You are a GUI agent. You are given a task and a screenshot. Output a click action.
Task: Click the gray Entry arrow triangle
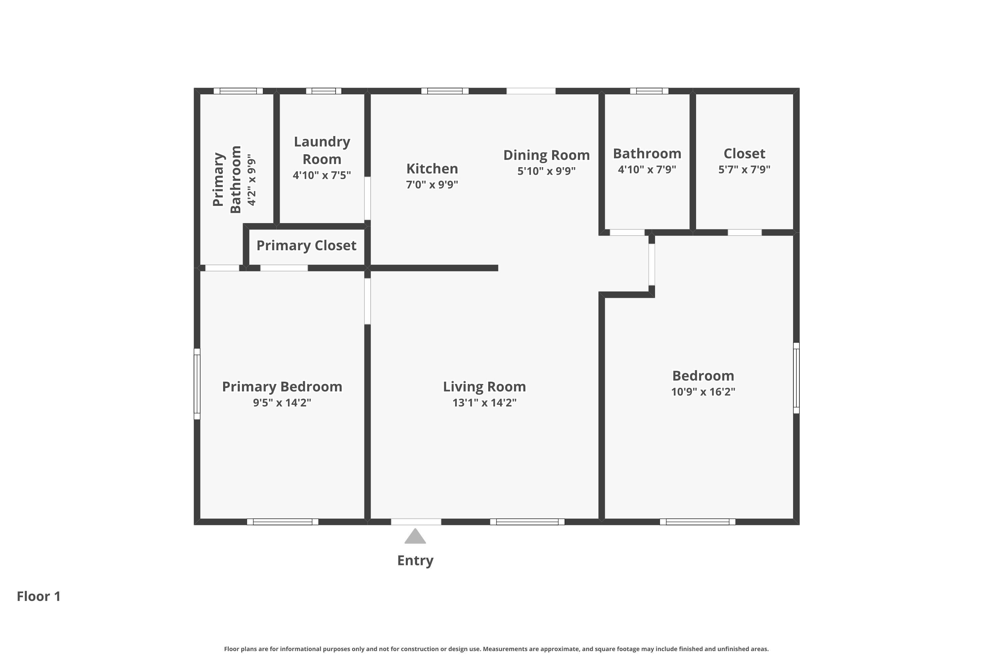(415, 536)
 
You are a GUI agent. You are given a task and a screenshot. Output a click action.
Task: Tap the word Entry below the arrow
(415, 561)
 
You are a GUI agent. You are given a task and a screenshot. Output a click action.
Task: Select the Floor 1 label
(39, 596)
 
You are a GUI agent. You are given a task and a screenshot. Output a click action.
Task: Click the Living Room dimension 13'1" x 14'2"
(484, 403)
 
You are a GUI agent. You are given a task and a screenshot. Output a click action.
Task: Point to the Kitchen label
(432, 169)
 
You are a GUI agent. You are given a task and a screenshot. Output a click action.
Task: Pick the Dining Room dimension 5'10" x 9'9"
(546, 171)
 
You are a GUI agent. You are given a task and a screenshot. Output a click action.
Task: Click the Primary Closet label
(307, 246)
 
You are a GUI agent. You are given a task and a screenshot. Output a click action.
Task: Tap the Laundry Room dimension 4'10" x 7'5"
(322, 175)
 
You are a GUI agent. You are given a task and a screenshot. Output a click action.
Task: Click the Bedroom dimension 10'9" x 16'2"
(703, 392)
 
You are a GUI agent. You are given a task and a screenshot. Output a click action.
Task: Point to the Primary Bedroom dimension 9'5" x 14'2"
(282, 403)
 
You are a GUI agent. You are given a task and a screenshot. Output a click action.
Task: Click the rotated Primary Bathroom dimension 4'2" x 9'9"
(251, 180)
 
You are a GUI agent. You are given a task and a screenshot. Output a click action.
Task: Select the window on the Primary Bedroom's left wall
(197, 384)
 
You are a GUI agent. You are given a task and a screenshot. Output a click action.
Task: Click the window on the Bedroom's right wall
(796, 378)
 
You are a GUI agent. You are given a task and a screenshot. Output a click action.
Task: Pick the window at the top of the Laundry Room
(323, 91)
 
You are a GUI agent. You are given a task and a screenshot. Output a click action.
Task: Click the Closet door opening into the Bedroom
(745, 232)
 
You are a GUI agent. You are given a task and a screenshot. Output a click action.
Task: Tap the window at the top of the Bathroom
(649, 91)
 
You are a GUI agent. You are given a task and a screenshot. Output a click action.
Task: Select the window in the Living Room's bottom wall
(527, 522)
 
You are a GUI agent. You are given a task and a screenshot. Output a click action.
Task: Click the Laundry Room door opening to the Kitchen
(367, 198)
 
